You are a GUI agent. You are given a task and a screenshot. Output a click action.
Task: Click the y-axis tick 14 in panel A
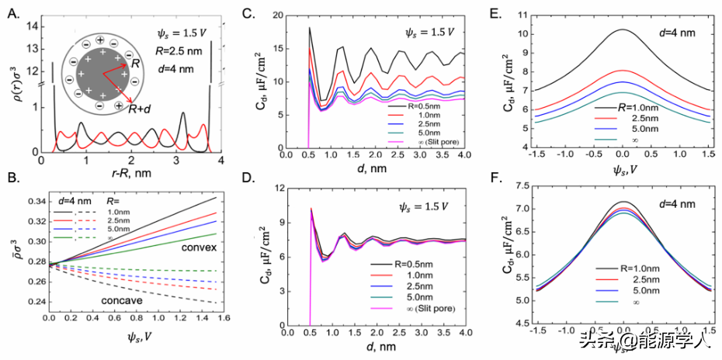(33, 27)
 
